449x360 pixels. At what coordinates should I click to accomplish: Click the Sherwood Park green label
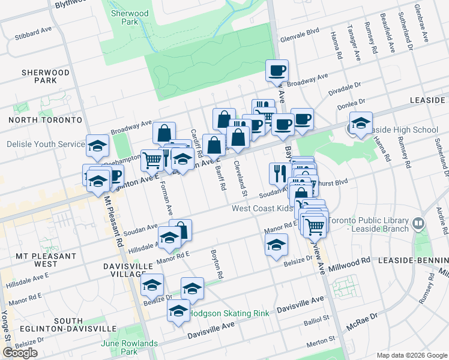coord(125,17)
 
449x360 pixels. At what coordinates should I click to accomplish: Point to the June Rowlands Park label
coord(130,347)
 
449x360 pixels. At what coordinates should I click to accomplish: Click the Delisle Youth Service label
coord(46,145)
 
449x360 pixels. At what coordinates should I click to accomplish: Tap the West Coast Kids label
coord(262,208)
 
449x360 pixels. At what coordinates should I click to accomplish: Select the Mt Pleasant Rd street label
coord(114,223)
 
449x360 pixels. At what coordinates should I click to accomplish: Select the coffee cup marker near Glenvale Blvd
coord(277,71)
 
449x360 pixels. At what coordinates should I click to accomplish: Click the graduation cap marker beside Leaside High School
coord(361,124)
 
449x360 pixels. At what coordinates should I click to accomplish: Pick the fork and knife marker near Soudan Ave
coord(279,173)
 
